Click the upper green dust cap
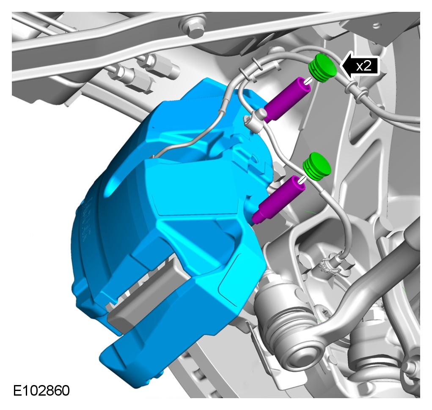tap(322, 68)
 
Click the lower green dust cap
tap(316, 167)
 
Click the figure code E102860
tap(41, 390)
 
